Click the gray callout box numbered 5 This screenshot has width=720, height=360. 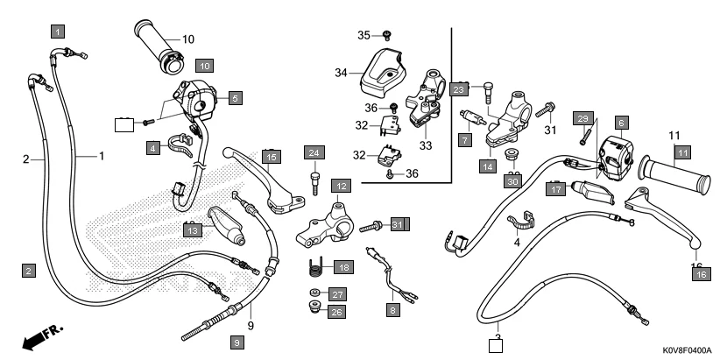pos(234,99)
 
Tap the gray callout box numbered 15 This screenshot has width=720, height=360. pos(272,157)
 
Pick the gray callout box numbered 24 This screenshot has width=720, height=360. pos(314,153)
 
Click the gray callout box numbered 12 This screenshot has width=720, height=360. pos(341,186)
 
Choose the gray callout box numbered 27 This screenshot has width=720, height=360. pos(338,293)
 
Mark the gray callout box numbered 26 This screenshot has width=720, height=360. pos(338,310)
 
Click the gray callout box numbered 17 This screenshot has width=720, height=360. pos(555,187)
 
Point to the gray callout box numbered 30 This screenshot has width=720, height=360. pos(513,181)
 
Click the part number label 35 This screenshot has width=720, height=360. pos(364,35)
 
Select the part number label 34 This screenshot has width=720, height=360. pos(341,73)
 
